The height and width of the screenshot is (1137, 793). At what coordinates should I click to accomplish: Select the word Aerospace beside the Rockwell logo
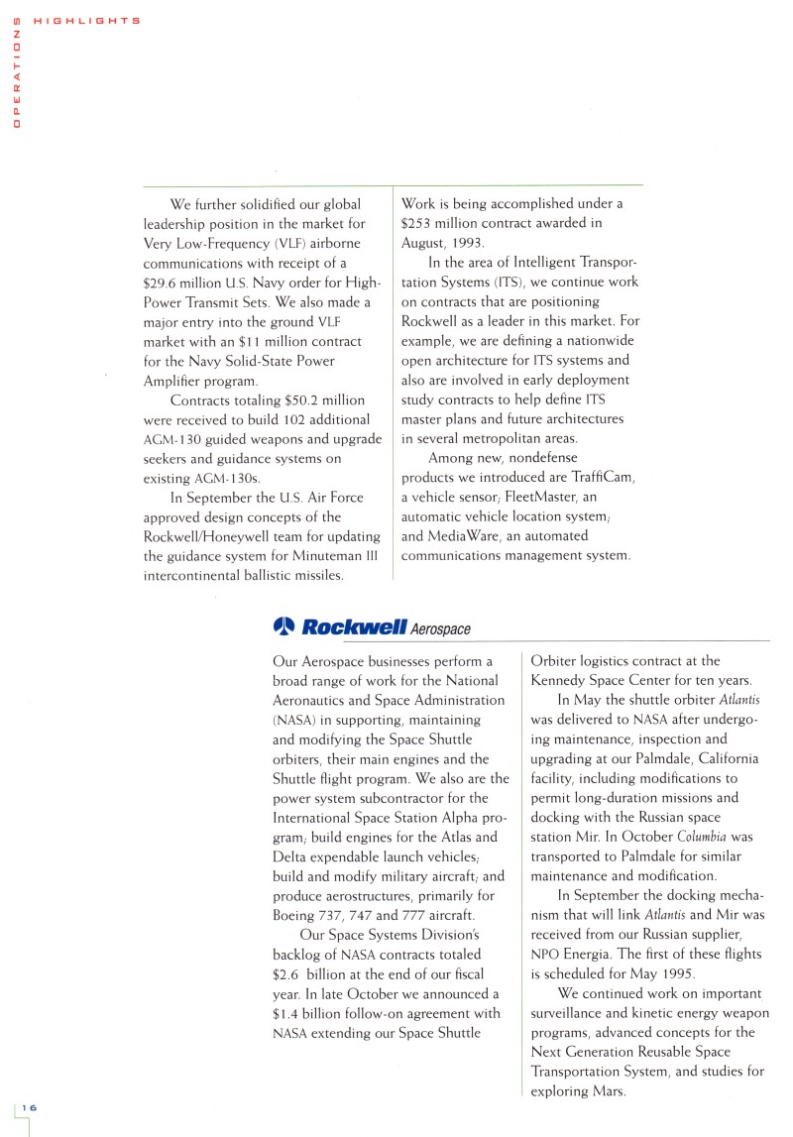click(x=440, y=628)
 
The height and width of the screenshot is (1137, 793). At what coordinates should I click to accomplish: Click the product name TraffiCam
click(x=602, y=478)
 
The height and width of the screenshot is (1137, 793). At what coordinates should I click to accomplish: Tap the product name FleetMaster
click(x=546, y=497)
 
